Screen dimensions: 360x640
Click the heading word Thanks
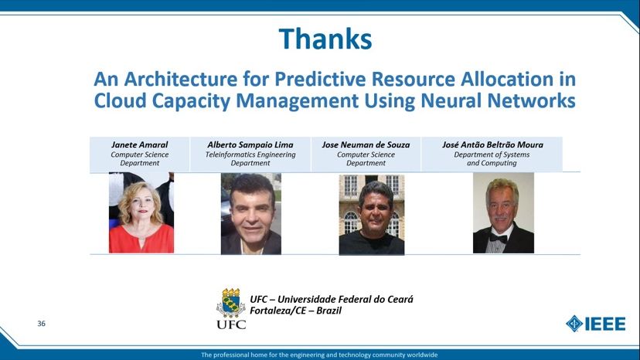tap(325, 39)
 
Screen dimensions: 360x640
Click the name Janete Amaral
tap(139, 144)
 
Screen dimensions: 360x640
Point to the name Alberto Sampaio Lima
tap(250, 144)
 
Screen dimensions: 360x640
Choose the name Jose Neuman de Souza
tap(366, 144)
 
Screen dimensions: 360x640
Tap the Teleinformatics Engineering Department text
tap(250, 158)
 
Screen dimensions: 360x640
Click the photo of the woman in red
tap(141, 214)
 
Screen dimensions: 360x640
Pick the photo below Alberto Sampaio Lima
tap(250, 214)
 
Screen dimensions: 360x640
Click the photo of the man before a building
tap(371, 214)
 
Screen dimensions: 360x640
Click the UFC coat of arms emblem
tap(230, 303)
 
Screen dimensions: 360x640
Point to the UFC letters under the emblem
tap(231, 324)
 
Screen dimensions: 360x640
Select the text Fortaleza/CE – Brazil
tap(296, 311)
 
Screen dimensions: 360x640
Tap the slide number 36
tap(41, 324)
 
